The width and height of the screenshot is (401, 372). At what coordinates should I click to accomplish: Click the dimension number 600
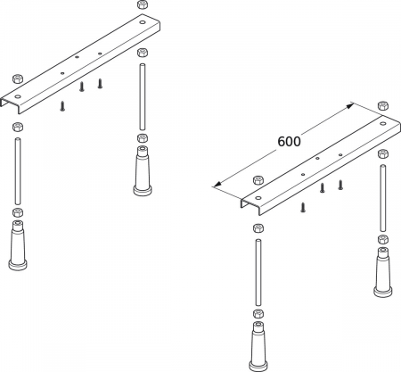(289, 142)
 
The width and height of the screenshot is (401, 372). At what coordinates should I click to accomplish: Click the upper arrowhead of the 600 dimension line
(349, 105)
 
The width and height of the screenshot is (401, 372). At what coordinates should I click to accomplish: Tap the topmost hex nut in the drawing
(143, 4)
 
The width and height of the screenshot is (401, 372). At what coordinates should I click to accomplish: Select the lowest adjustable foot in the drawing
(258, 346)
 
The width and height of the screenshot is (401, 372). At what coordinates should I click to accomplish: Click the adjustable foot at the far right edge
(383, 272)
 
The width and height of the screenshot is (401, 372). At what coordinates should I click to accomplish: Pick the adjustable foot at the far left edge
(18, 245)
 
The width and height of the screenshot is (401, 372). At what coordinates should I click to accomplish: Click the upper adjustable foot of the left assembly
(143, 171)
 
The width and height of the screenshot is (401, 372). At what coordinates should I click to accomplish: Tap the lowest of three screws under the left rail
(62, 106)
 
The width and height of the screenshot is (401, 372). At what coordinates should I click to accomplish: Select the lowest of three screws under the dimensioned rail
(303, 207)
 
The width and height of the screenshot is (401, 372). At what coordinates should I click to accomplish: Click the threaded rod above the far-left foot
(18, 171)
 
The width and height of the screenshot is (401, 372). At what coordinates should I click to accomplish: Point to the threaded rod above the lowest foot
(258, 272)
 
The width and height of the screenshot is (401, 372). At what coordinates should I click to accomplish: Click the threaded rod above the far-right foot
(383, 198)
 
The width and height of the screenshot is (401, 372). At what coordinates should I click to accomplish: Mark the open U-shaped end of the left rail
(10, 104)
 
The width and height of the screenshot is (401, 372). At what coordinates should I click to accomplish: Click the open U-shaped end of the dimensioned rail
(250, 205)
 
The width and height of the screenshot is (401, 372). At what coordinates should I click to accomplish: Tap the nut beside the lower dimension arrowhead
(258, 180)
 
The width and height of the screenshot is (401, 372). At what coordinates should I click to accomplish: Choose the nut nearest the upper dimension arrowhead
(383, 105)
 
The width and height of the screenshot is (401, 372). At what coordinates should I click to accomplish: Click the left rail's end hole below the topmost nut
(143, 22)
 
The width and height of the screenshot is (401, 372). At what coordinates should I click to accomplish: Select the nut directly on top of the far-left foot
(18, 212)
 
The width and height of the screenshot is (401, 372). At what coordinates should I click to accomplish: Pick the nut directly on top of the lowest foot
(258, 314)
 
